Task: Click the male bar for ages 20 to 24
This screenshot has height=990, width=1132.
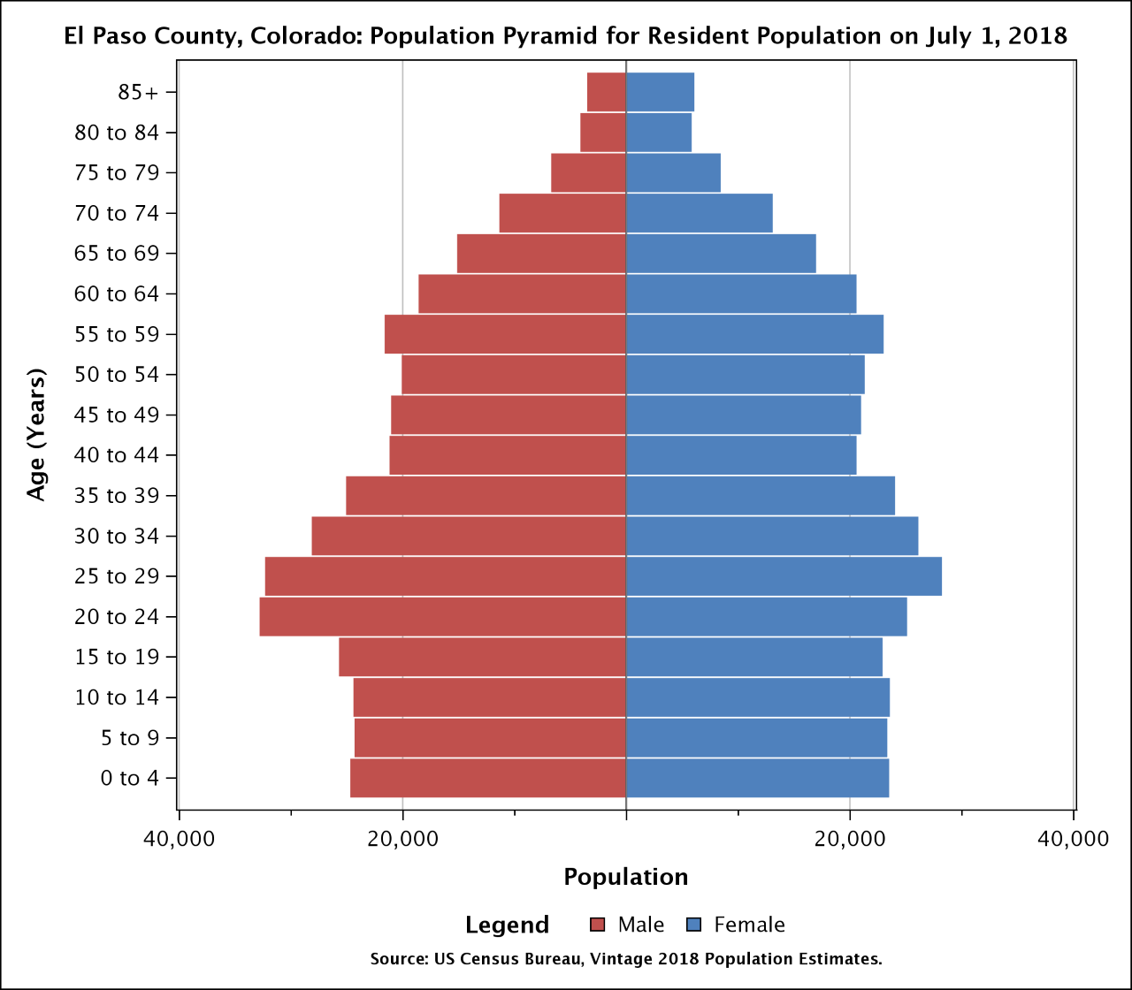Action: (442, 617)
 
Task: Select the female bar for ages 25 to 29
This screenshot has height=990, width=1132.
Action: (784, 576)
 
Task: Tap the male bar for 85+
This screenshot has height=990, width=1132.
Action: (607, 92)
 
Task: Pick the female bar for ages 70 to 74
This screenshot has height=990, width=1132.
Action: (699, 213)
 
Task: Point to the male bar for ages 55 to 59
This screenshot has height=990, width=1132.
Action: (505, 334)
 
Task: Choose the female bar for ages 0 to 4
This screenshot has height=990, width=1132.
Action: (757, 778)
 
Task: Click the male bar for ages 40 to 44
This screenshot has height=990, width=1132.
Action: (508, 455)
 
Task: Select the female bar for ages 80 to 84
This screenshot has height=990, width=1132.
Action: (659, 133)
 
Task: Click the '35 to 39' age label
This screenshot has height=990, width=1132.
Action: (117, 496)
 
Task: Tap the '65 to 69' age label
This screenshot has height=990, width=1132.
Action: (117, 254)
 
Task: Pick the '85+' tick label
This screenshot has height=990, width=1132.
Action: (137, 92)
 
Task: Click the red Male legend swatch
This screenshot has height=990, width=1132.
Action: (597, 925)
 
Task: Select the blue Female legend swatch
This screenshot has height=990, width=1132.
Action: (694, 925)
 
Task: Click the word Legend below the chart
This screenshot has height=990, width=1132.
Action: (507, 925)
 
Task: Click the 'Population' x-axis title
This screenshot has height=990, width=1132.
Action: (626, 877)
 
